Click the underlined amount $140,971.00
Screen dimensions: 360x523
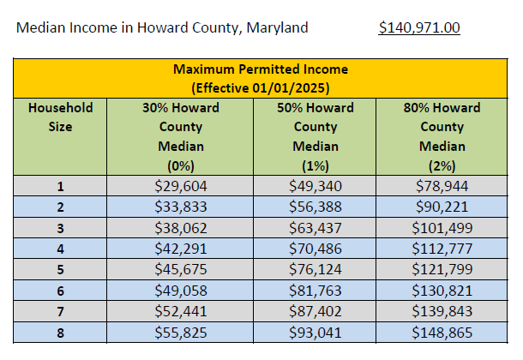(419, 27)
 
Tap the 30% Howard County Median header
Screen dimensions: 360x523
(181, 136)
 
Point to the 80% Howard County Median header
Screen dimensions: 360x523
(442, 136)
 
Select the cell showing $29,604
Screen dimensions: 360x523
(181, 185)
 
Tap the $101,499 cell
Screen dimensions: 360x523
(442, 228)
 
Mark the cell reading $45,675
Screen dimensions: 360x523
(181, 270)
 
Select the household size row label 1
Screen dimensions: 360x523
(60, 185)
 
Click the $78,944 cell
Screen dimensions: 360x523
(442, 185)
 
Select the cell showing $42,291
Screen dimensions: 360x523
(181, 249)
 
